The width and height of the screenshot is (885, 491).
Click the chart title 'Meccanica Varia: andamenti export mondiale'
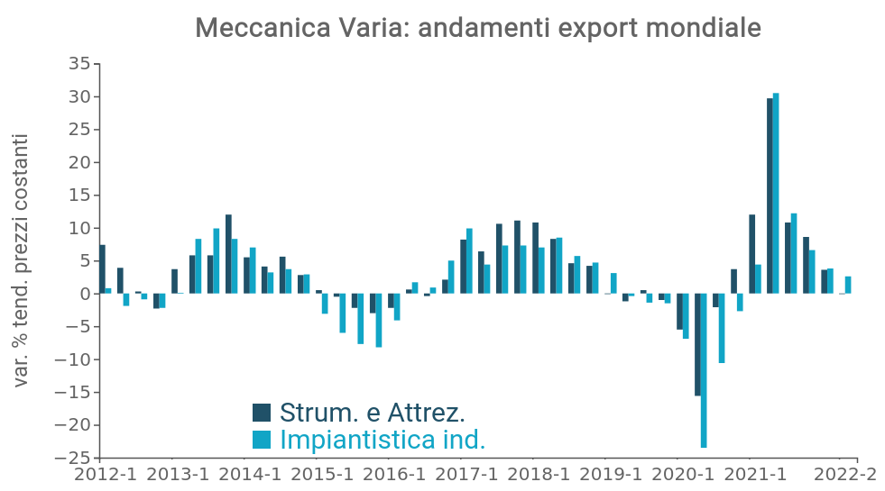478,28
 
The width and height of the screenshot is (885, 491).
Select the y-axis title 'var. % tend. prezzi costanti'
23,260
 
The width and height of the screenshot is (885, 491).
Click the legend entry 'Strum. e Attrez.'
373,413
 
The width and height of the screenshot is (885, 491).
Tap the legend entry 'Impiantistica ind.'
383,440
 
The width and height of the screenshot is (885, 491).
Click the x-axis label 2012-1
106,475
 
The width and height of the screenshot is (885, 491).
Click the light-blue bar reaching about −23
704,370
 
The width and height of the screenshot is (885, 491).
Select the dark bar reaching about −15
697,344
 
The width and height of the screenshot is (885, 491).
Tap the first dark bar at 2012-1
102,269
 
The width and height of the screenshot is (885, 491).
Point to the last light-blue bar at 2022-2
848,285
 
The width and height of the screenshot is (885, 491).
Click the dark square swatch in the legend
262,413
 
